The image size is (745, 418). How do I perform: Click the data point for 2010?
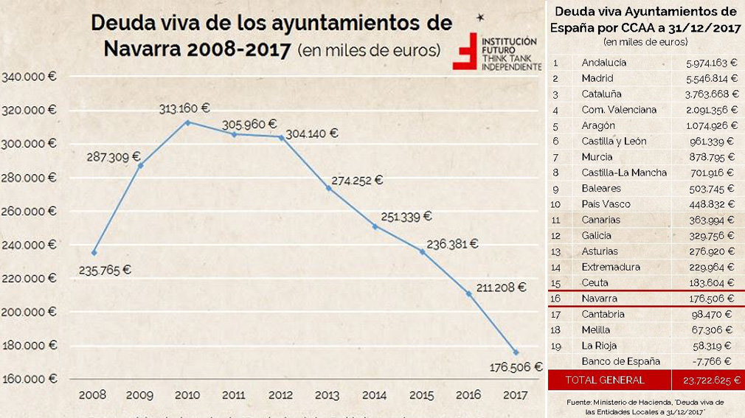(187, 122)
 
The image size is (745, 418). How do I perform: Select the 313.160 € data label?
(184, 108)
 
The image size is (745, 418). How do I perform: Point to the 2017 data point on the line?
(516, 352)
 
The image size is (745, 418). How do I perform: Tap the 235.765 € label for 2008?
(105, 270)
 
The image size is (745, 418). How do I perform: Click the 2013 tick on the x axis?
(327, 395)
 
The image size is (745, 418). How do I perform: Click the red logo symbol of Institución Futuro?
(465, 51)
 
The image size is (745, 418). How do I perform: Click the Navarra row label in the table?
(599, 299)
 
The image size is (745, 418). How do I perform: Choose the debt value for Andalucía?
(710, 63)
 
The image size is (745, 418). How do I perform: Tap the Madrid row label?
(597, 78)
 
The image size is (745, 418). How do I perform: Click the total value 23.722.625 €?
(707, 380)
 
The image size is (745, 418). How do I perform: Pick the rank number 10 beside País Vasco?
(555, 204)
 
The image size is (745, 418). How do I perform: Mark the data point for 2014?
(375, 226)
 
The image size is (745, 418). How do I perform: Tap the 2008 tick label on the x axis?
(93, 395)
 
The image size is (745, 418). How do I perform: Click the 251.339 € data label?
(406, 217)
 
